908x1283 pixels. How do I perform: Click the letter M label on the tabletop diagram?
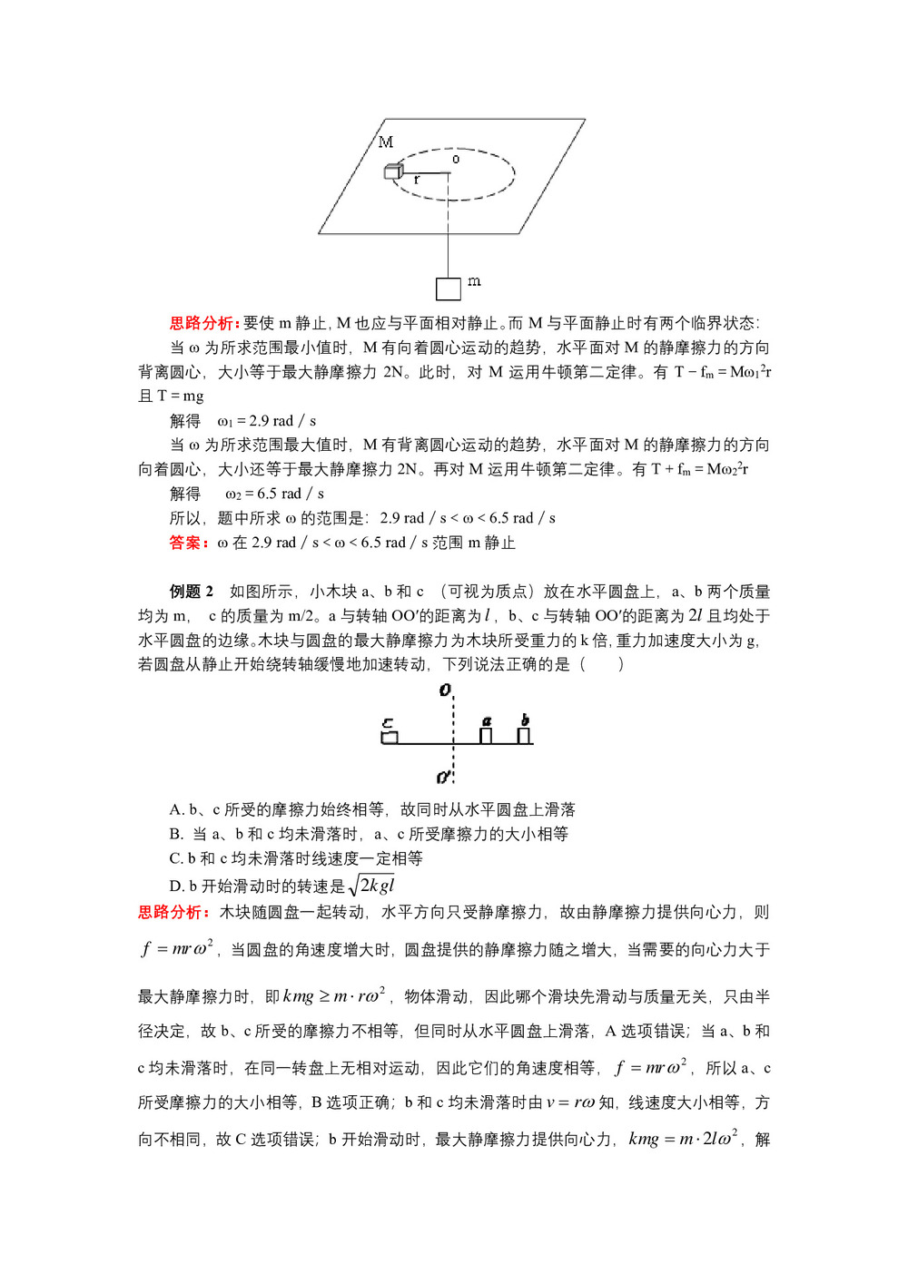pyautogui.click(x=386, y=142)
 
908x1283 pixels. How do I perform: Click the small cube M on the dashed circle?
pyautogui.click(x=393, y=171)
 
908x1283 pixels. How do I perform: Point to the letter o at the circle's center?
pyautogui.click(x=456, y=160)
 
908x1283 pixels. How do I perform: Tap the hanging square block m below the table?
pyautogui.click(x=449, y=289)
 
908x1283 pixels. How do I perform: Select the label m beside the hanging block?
pyautogui.click(x=474, y=281)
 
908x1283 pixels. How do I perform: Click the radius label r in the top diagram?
pyautogui.click(x=417, y=180)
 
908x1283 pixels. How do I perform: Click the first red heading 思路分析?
pyautogui.click(x=204, y=323)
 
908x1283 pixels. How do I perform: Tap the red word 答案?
pyautogui.click(x=189, y=543)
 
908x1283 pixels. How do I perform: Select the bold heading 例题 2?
pyautogui.click(x=192, y=592)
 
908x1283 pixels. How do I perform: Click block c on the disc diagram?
pyautogui.click(x=390, y=737)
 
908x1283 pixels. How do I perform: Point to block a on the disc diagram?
pyautogui.click(x=486, y=734)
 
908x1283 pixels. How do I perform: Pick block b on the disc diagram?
pyautogui.click(x=524, y=734)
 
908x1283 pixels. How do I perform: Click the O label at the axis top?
pyautogui.click(x=445, y=690)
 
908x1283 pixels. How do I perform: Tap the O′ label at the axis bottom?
pyautogui.click(x=444, y=777)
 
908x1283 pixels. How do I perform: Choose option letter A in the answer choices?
pyautogui.click(x=176, y=809)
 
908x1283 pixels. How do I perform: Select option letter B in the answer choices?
pyautogui.click(x=176, y=834)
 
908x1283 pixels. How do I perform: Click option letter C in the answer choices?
pyautogui.click(x=176, y=858)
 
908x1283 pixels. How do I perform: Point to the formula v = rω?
pyautogui.click(x=570, y=1102)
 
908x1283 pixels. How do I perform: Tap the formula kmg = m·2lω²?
pyautogui.click(x=683, y=1139)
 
